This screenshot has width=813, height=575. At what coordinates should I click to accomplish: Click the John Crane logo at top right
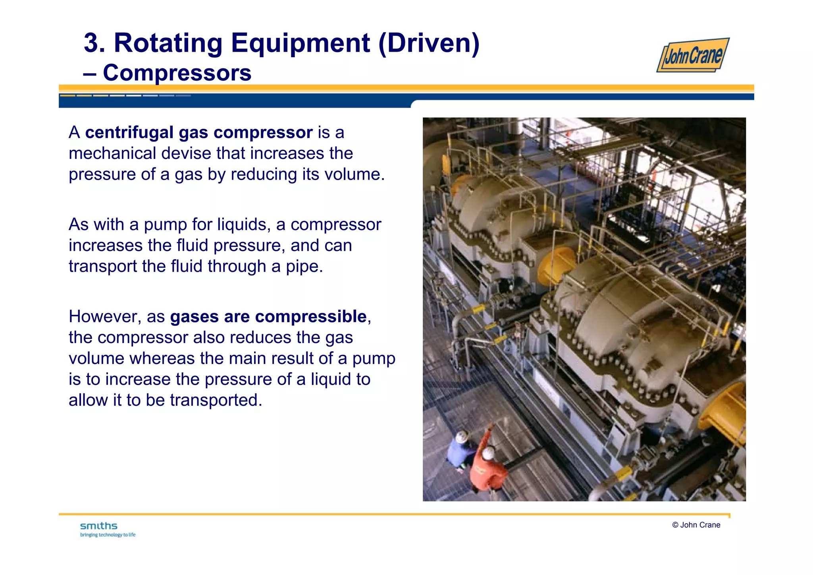click(693, 55)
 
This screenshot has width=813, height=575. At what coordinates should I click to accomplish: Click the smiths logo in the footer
click(99, 526)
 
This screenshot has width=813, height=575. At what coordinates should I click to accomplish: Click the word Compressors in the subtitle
click(177, 73)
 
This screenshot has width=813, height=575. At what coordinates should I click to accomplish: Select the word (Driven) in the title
click(429, 43)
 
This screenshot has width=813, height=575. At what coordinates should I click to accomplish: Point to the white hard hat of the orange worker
click(488, 453)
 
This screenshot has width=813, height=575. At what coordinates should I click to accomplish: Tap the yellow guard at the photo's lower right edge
click(726, 413)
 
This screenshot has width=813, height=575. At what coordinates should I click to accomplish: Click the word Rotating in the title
click(168, 43)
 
